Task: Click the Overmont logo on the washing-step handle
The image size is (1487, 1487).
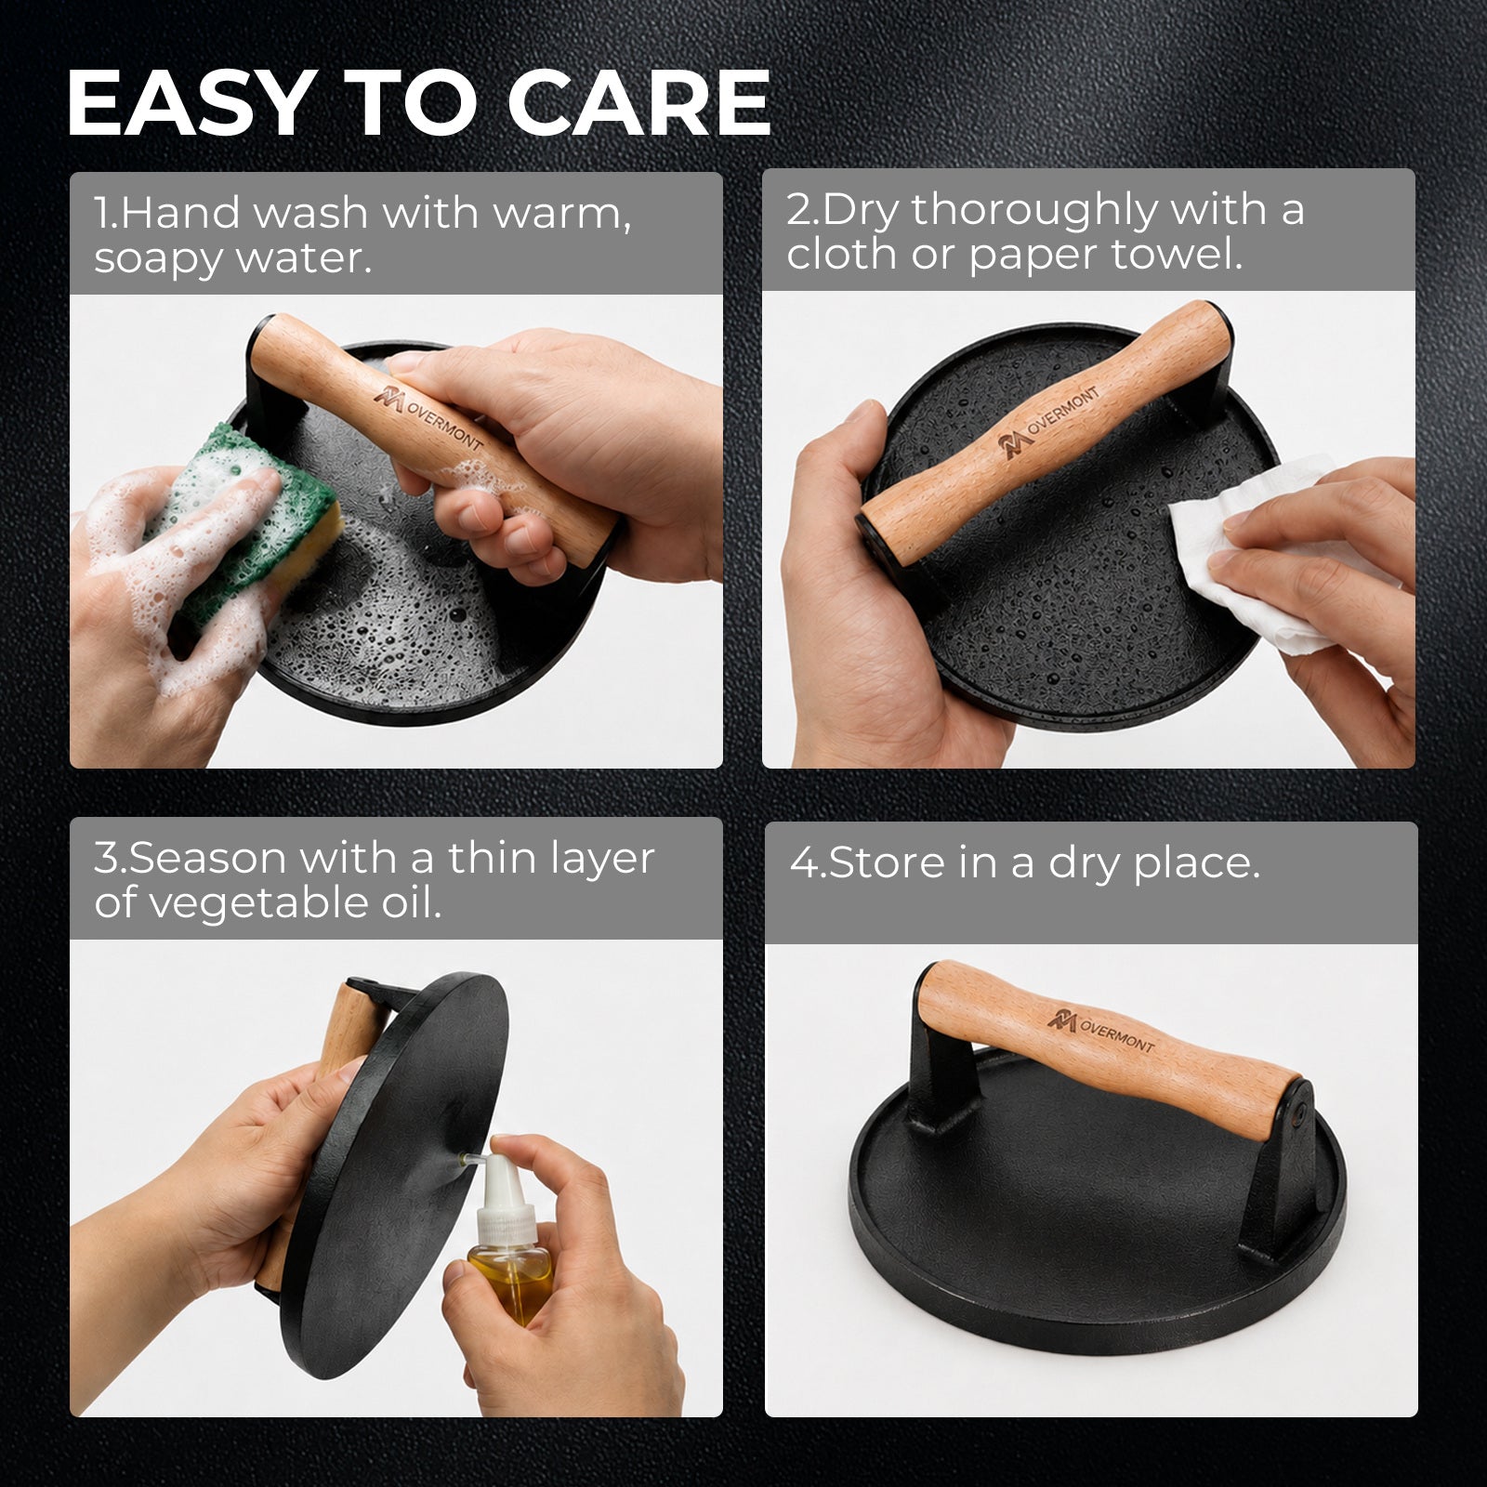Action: pyautogui.click(x=428, y=415)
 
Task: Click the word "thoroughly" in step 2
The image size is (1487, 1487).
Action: pyautogui.click(x=1033, y=211)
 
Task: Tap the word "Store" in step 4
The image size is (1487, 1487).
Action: pyautogui.click(x=888, y=862)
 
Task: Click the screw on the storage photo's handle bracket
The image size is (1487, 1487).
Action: pyautogui.click(x=1300, y=1108)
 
